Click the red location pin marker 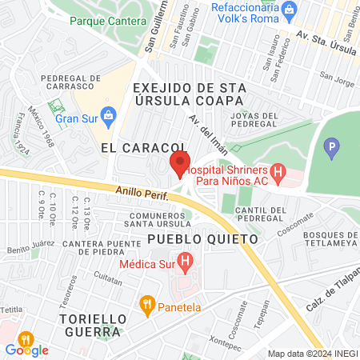178,166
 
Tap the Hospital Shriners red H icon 278,170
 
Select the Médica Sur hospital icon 186,261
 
